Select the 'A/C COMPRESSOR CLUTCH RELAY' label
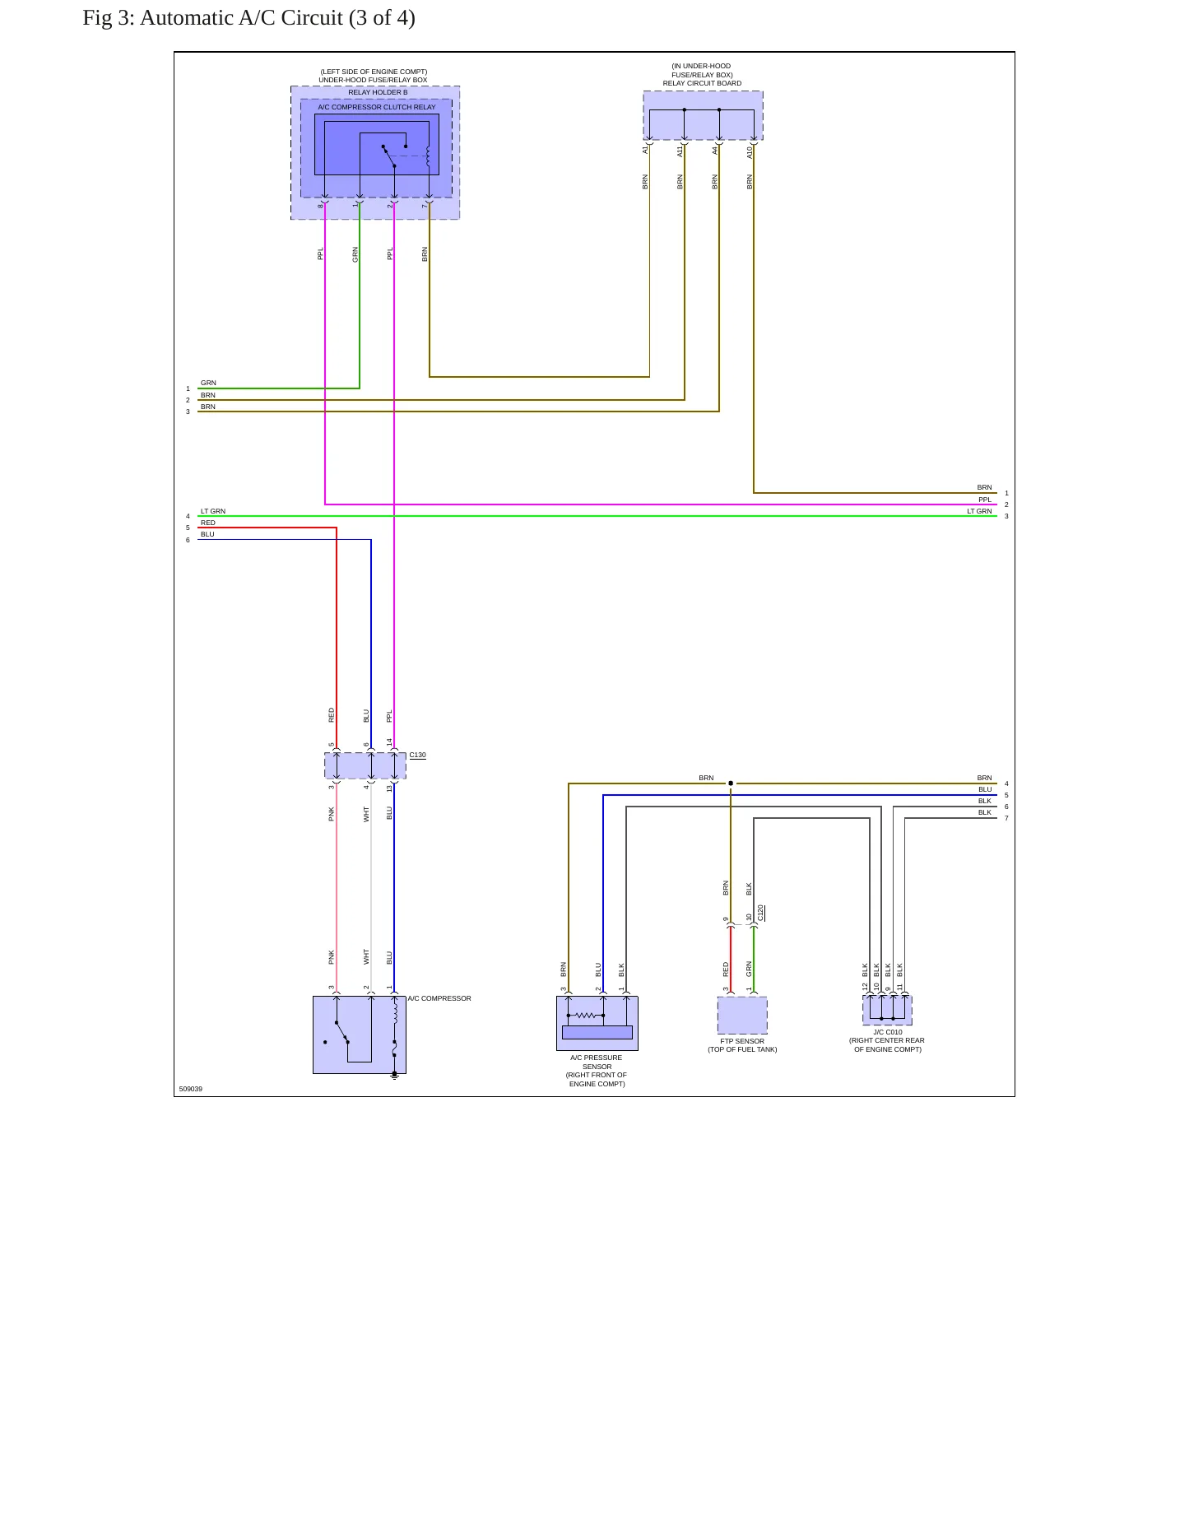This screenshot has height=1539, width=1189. coord(377,107)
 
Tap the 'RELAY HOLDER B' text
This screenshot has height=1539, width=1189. coord(378,92)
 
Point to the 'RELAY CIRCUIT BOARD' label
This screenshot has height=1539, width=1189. coord(702,83)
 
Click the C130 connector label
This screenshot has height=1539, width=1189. coord(418,755)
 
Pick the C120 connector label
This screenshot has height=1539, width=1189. coord(761,913)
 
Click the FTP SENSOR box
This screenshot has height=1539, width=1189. coord(742,1015)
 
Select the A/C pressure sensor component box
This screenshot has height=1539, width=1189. coord(597,1023)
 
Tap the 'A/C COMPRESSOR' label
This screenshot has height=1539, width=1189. coord(439,998)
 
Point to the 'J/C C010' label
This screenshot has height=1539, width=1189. coord(888,1032)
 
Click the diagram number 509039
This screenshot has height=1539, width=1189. coord(191,1089)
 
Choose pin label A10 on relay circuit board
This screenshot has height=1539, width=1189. coord(750,152)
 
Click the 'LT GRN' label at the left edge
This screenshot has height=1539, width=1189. coord(213,511)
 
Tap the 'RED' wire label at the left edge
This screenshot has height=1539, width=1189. coord(208,523)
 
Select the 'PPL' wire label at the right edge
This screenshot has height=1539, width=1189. coord(985,500)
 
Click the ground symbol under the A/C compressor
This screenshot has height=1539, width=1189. coord(394,1075)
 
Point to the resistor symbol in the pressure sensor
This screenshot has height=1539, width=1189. coord(586,1016)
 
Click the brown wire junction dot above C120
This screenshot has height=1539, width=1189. coord(731,783)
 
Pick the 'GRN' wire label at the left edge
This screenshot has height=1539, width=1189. coord(209,383)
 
